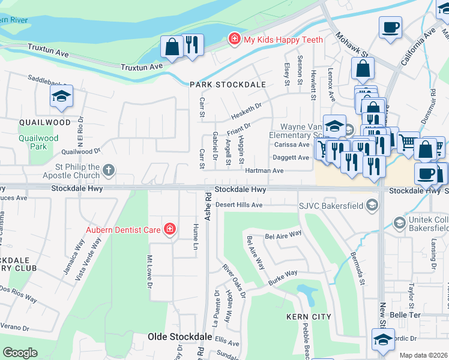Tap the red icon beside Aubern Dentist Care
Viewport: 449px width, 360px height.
click(170, 229)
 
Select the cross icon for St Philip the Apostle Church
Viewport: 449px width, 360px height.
click(109, 170)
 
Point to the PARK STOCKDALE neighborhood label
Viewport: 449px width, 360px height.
click(228, 85)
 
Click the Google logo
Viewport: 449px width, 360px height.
click(20, 353)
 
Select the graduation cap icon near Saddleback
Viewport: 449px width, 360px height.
click(61, 97)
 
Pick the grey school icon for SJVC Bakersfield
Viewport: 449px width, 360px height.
click(372, 206)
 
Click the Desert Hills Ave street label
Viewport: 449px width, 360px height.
click(239, 205)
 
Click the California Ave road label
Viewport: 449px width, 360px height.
click(418, 45)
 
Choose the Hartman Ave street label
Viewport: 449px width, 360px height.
click(264, 171)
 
